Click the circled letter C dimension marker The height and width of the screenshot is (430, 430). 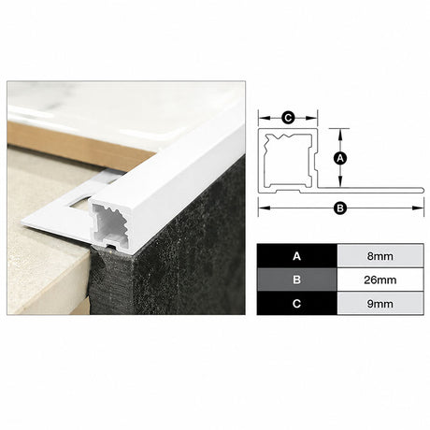point(288,118)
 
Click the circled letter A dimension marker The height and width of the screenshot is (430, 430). point(340,158)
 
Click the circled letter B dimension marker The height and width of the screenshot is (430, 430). point(340,208)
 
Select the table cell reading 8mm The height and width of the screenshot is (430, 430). point(380,256)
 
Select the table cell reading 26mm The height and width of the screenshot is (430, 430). point(380,279)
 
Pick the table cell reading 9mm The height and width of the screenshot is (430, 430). point(380,304)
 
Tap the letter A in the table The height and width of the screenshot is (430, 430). point(296,256)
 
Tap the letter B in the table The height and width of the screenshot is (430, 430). point(296,279)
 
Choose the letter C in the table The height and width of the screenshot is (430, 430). point(296,304)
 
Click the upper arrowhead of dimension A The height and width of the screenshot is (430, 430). point(340,134)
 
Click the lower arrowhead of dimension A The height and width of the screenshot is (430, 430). point(340,182)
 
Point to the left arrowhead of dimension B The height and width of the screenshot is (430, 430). point(265,208)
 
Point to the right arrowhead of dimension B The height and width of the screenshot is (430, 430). point(418,208)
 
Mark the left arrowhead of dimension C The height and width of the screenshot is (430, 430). point(265,118)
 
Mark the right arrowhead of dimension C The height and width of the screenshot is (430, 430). point(311,118)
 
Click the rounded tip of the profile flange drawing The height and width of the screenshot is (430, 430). point(423,190)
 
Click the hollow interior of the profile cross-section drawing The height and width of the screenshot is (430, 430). point(288,162)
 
